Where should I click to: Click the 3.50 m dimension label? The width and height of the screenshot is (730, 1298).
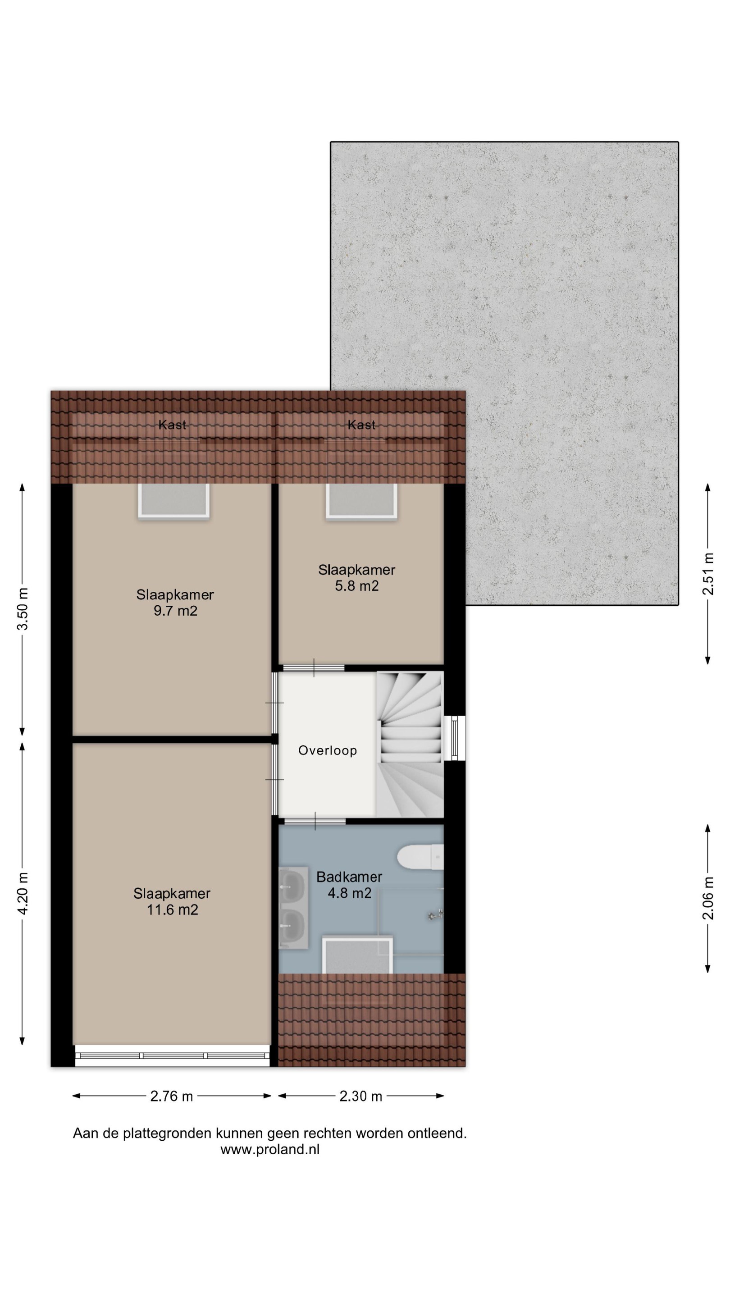(23, 609)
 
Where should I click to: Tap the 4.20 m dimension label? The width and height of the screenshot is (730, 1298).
(23, 894)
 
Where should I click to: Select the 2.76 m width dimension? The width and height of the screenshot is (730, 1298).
(171, 1096)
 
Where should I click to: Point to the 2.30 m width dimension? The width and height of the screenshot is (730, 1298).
(360, 1096)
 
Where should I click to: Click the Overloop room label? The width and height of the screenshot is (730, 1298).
(328, 750)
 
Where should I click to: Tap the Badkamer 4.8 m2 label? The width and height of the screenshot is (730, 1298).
(349, 885)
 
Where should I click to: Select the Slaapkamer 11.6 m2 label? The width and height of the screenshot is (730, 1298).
(172, 901)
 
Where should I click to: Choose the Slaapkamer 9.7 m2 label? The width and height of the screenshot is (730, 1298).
(175, 603)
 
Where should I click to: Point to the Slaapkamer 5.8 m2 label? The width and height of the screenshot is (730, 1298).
(357, 578)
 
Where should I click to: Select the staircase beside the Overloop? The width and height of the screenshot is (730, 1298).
(410, 744)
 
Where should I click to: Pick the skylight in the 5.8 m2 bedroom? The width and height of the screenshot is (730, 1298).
(361, 500)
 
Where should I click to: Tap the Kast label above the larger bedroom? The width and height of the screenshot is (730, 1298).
(172, 425)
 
